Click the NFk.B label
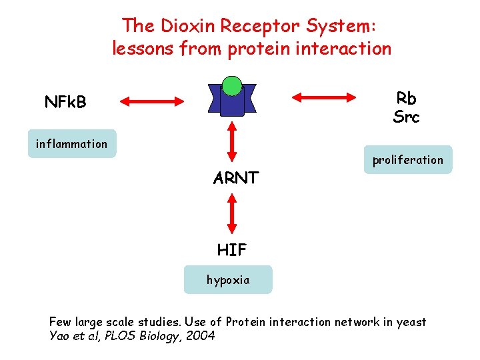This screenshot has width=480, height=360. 65,102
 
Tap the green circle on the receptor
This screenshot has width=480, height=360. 231,85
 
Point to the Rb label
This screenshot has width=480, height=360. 406,98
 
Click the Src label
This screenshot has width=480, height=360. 406,117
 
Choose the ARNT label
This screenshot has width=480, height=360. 236,178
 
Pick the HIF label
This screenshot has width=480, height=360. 231,250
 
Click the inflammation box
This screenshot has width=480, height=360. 72,143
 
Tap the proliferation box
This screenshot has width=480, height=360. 407,160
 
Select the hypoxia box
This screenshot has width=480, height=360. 228,280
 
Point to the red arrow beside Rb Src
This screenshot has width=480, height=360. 325,97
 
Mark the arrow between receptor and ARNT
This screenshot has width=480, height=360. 231,143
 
